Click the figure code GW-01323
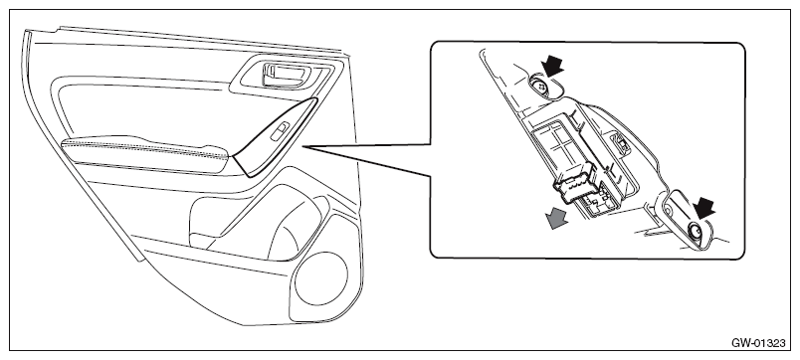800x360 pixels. tap(758, 343)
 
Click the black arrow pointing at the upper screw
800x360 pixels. tap(553, 67)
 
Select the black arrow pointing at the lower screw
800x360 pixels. tap(704, 209)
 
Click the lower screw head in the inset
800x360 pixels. tap(696, 232)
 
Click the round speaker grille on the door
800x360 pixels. tap(321, 277)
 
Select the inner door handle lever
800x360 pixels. tap(288, 74)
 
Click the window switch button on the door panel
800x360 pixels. tap(281, 131)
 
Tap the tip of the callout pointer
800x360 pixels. tap(303, 147)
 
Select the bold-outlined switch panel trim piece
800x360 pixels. tap(277, 137)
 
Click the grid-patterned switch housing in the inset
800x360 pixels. tap(557, 147)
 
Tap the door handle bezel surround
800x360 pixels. tap(286, 76)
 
